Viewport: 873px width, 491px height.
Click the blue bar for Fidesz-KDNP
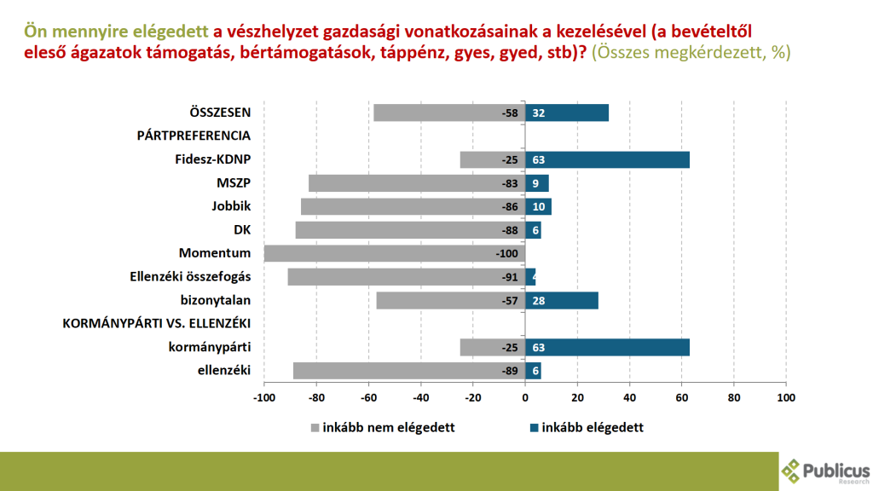click(607, 159)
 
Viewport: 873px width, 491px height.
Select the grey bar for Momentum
click(395, 253)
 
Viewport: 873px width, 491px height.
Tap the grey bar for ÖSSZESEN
click(449, 113)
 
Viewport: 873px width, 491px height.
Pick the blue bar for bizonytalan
click(562, 300)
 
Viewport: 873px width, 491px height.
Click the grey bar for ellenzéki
click(409, 370)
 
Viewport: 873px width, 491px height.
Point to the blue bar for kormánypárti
click(607, 347)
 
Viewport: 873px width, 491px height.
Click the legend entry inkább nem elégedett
click(381, 428)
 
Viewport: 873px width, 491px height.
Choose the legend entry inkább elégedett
click(586, 428)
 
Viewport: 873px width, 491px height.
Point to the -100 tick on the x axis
click(264, 397)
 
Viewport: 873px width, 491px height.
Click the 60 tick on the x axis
click(682, 397)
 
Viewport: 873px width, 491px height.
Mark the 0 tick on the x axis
click(525, 397)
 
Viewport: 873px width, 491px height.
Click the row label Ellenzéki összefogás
click(189, 276)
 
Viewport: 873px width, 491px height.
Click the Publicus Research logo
click(825, 471)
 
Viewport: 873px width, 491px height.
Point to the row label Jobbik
click(231, 206)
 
